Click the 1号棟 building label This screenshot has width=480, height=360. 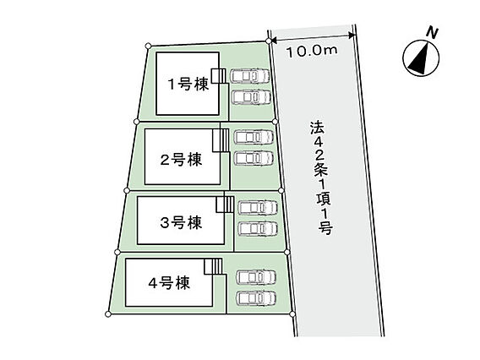click(188, 84)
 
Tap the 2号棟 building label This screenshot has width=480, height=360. click(181, 160)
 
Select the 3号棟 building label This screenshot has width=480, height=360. click(181, 222)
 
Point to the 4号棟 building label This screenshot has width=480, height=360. click(169, 283)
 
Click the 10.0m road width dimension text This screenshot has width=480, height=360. click(312, 51)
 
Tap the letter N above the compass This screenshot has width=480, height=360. click(433, 33)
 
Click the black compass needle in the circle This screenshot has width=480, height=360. click(419, 60)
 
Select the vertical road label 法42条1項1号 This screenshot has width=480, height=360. click(321, 177)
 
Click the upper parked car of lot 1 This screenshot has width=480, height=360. click(250, 76)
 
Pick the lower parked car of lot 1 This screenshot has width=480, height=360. click(251, 97)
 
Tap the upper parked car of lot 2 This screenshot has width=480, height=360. click(254, 137)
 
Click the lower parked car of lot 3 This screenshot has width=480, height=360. click(258, 229)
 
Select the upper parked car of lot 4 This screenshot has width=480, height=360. click(256, 277)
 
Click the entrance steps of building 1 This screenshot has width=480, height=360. click(218, 76)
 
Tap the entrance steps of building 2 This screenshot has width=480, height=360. click(221, 140)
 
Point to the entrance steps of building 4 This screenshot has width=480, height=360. click(213, 267)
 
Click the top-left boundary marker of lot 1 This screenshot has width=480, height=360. click(148, 46)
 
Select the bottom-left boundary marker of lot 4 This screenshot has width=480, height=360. click(108, 314)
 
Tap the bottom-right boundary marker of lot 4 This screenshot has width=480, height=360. click(292, 314)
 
